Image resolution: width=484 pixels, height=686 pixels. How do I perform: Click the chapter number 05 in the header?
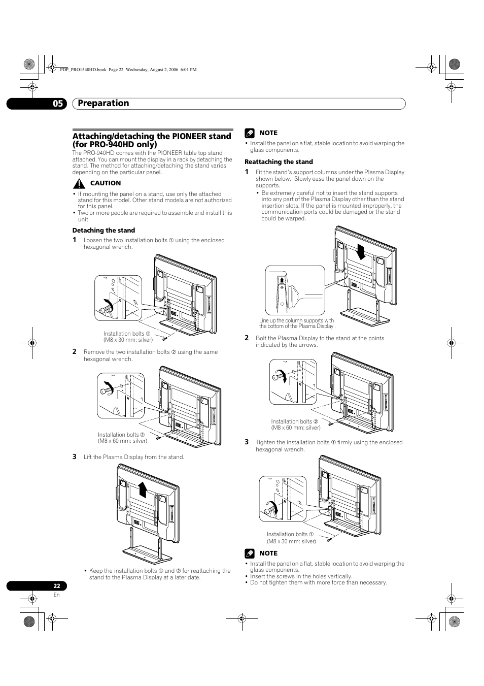click(x=58, y=104)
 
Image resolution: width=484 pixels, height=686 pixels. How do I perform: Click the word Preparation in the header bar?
click(x=103, y=103)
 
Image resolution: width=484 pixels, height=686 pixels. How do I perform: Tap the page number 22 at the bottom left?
click(x=57, y=585)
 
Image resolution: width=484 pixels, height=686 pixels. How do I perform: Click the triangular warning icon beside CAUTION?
click(x=79, y=183)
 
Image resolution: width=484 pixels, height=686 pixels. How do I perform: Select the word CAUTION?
click(x=106, y=183)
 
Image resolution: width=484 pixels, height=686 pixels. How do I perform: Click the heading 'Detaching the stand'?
click(x=103, y=231)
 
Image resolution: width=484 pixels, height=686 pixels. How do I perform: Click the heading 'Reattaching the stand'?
click(x=279, y=162)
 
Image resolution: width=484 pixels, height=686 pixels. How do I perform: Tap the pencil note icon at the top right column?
click(x=249, y=133)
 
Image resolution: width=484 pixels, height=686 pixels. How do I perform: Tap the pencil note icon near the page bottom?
click(x=249, y=553)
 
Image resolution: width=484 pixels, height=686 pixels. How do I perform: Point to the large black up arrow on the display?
click(x=143, y=489)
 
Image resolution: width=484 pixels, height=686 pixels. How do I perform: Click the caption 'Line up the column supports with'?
click(x=296, y=320)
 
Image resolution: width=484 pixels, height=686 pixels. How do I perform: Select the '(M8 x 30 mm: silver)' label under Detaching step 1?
click(x=128, y=340)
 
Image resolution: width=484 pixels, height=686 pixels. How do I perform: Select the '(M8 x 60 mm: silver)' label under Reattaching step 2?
click(x=296, y=428)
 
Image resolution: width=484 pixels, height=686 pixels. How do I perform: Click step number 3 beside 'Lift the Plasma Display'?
click(x=74, y=456)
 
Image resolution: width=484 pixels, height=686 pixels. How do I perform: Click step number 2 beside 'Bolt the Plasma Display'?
click(x=247, y=338)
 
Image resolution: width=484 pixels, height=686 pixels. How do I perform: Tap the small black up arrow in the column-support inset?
click(x=282, y=278)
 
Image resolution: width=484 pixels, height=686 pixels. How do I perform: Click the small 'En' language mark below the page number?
click(x=56, y=595)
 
